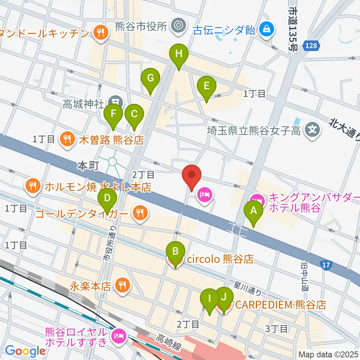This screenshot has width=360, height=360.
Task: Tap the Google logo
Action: tap(25, 351)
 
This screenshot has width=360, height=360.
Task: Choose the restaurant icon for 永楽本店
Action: tap(122, 285)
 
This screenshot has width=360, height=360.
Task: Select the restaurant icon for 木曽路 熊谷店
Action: tap(67, 140)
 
